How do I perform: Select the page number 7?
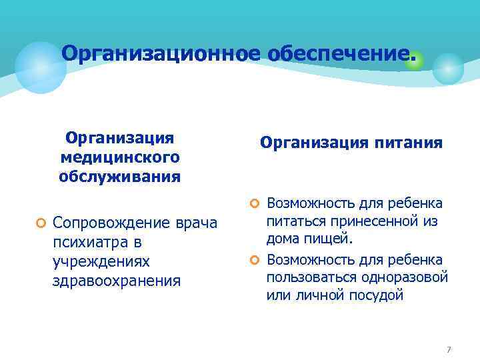click(449, 350)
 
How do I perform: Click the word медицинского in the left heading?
click(120, 157)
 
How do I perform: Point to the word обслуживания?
click(120, 177)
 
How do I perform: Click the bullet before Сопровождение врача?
click(41, 222)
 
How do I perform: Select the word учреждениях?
click(101, 261)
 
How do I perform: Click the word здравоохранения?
click(117, 280)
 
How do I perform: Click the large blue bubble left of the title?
click(41, 67)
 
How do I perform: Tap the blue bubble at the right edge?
click(448, 69)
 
